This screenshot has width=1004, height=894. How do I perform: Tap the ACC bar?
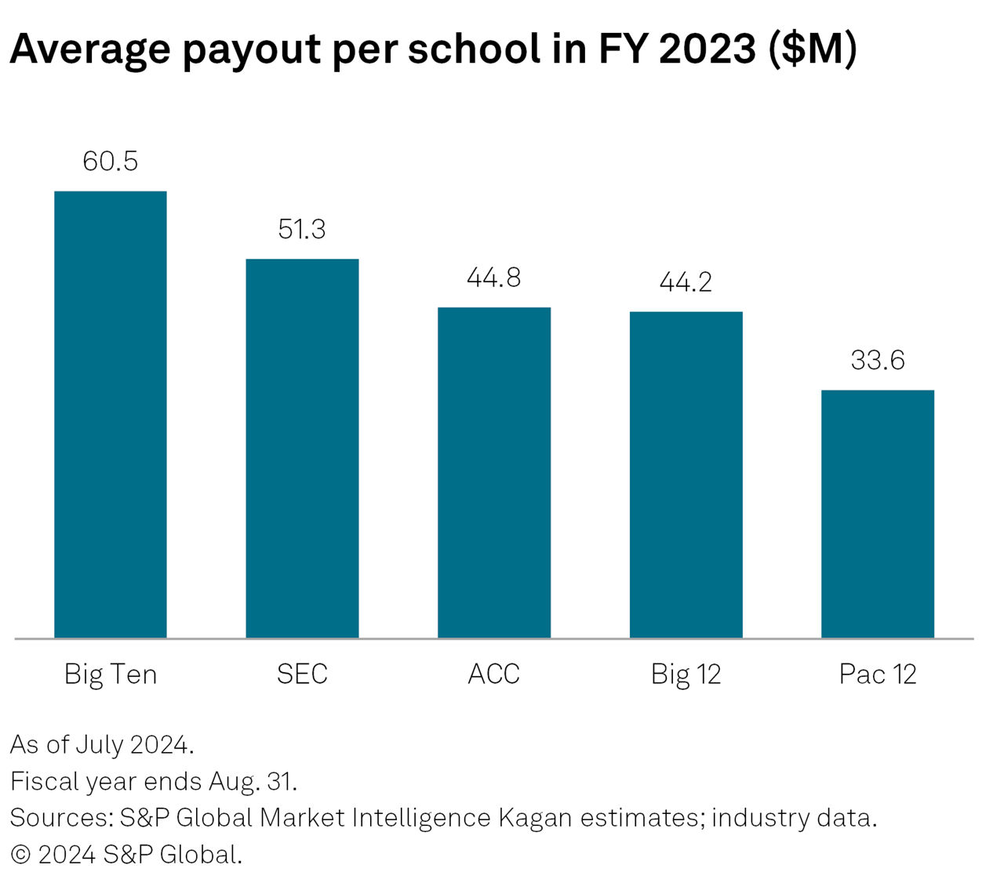click(494, 472)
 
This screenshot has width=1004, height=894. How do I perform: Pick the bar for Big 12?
click(686, 474)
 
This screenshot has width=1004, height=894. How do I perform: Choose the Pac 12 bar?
click(878, 514)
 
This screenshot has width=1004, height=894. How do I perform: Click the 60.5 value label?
click(111, 162)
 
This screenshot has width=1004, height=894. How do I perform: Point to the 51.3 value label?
click(302, 229)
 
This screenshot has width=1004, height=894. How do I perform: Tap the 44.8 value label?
click(494, 278)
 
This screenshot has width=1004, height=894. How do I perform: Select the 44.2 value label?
click(686, 282)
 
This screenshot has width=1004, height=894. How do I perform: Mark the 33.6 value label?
click(878, 360)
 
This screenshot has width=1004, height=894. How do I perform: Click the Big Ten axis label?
click(111, 674)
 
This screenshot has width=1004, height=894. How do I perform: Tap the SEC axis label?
click(302, 674)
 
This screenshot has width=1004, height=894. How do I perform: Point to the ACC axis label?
click(494, 674)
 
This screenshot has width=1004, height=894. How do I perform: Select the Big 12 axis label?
click(686, 674)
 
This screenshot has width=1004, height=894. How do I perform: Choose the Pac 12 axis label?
click(878, 674)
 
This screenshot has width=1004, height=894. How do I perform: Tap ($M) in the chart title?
click(813, 49)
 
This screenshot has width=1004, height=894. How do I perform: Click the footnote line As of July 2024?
click(102, 744)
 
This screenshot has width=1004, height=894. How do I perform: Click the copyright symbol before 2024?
click(20, 855)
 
